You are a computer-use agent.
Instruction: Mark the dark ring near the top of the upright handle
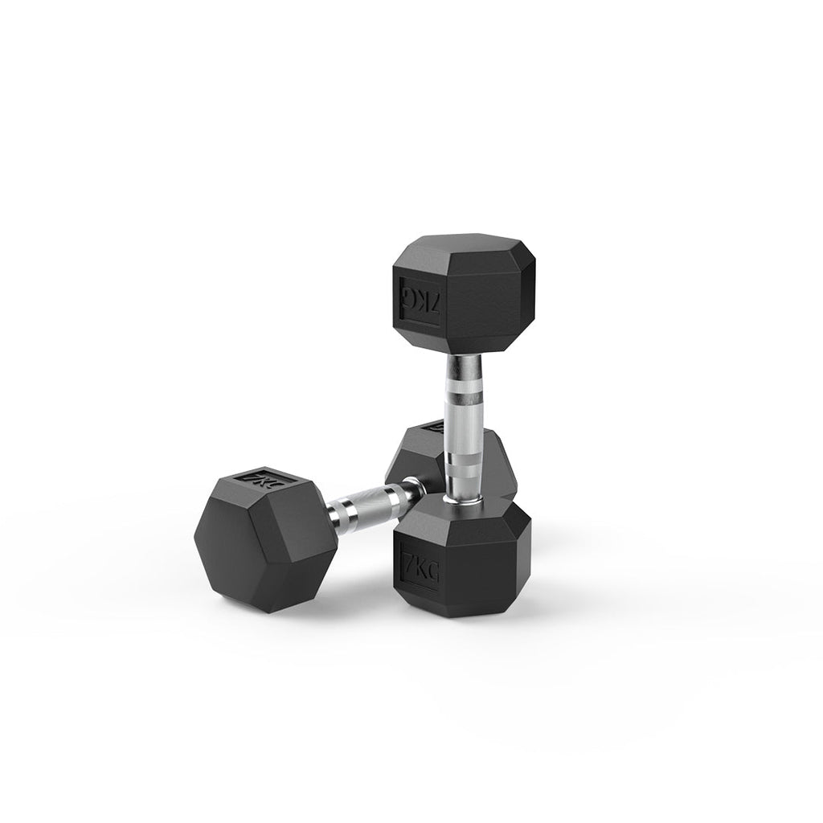(x=464, y=377)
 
